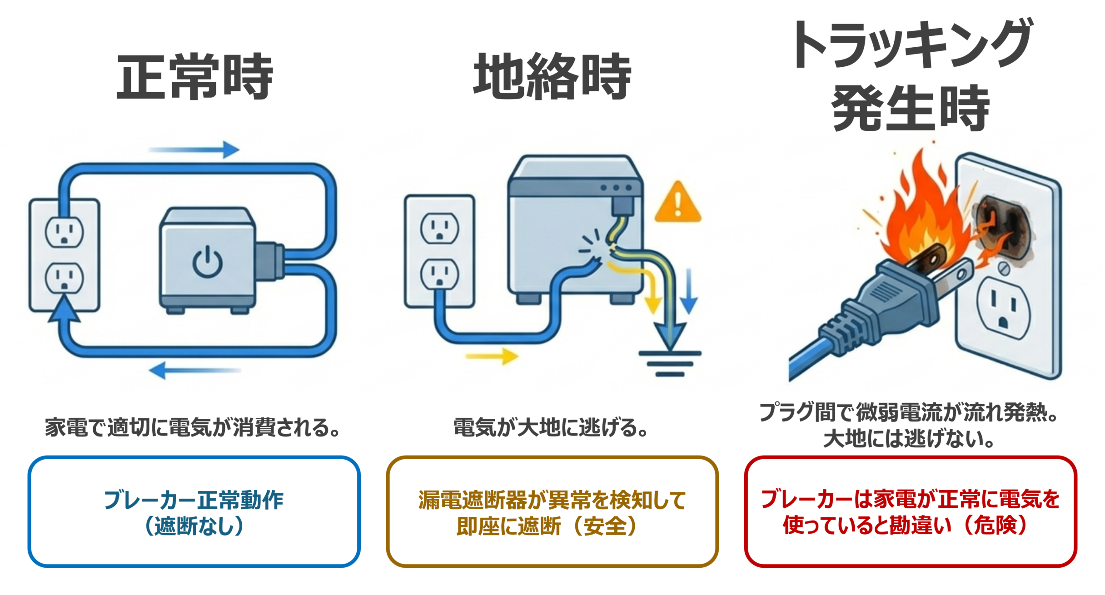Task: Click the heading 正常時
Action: click(x=194, y=76)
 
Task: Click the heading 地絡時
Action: click(x=552, y=76)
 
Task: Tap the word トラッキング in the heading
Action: click(x=911, y=45)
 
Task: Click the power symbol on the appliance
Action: click(x=208, y=262)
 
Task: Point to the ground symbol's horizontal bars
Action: click(x=670, y=363)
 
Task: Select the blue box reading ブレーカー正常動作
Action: click(x=194, y=512)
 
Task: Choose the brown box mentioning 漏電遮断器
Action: click(x=552, y=512)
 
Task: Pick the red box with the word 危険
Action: click(x=910, y=512)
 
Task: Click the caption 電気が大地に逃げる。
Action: click(x=551, y=428)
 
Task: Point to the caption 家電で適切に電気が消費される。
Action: click(x=193, y=428)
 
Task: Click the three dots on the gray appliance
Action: click(x=616, y=188)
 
